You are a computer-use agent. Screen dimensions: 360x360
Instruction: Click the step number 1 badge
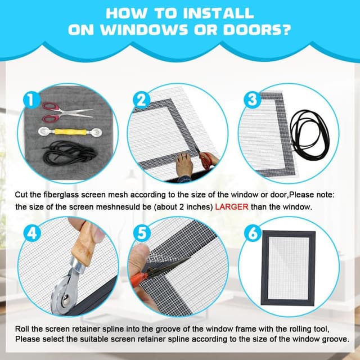click(32, 100)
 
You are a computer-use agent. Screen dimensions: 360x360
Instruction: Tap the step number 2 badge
click(142, 100)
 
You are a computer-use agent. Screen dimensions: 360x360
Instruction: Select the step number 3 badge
click(253, 100)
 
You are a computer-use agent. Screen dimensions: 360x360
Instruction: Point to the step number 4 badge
click(32, 233)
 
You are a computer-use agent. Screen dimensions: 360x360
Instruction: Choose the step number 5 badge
click(142, 233)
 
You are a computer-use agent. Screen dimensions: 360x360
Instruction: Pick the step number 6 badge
click(253, 233)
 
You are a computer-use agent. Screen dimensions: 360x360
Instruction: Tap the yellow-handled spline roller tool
click(70, 132)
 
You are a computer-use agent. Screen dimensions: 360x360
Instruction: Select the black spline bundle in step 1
click(69, 152)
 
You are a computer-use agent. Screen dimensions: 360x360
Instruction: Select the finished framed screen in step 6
click(289, 268)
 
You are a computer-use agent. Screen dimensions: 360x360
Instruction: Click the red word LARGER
click(232, 207)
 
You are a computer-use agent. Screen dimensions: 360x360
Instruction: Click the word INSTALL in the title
click(218, 13)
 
